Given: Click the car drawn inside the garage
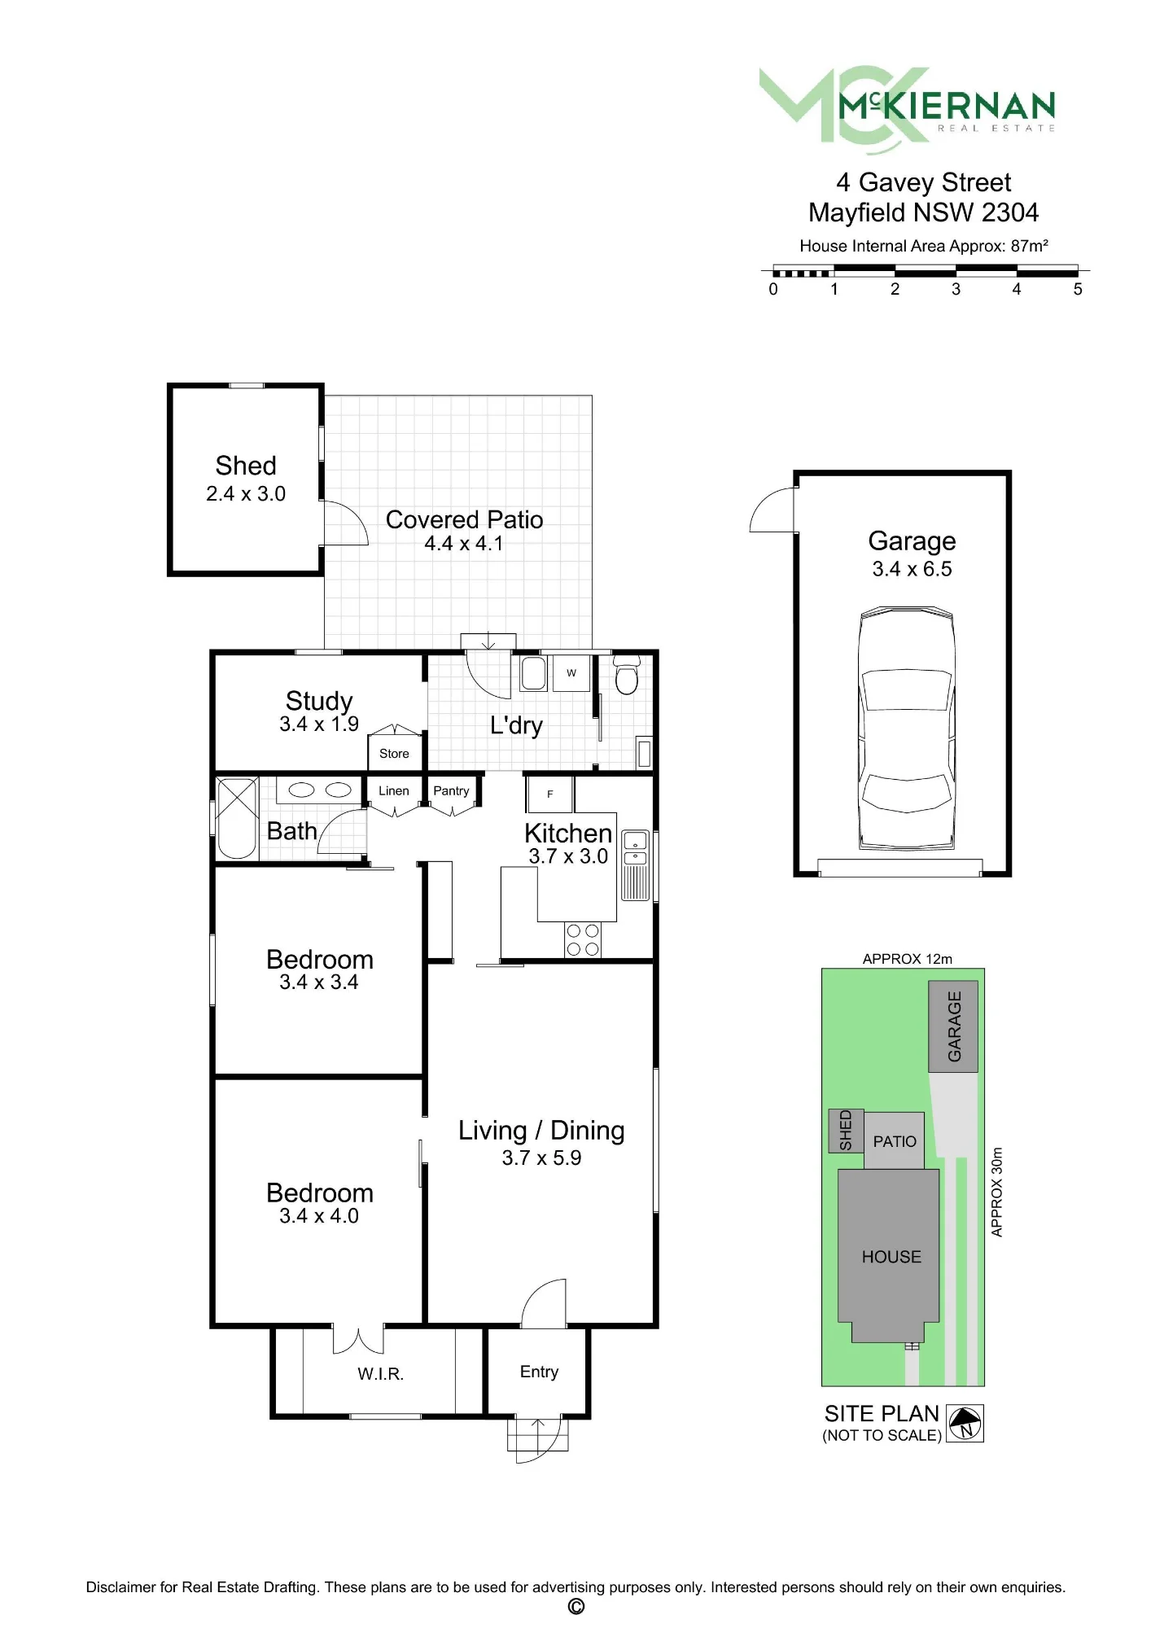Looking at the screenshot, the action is [906, 729].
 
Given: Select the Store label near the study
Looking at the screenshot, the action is [394, 754].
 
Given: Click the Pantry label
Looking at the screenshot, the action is [451, 790].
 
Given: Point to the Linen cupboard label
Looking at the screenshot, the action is [394, 790].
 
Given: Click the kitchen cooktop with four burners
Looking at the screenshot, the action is [583, 939].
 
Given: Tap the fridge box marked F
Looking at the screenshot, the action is [550, 794].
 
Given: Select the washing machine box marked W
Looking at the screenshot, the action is [571, 673].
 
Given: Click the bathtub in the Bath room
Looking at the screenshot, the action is [237, 818].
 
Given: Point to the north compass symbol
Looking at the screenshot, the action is [965, 1423].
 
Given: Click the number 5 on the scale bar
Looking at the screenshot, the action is [1078, 289].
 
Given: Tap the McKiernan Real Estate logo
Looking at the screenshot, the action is [908, 110].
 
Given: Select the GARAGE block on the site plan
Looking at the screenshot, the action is [953, 1026].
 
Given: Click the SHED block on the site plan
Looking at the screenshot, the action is [846, 1130].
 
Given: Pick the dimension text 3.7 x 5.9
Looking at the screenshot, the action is [541, 1158].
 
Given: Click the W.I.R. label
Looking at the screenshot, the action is [380, 1374].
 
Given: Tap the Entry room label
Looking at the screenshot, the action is [539, 1372].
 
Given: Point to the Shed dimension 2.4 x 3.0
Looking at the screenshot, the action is [246, 493].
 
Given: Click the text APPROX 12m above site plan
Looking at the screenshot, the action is [907, 959].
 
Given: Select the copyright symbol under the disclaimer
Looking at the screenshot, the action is [575, 1606].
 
